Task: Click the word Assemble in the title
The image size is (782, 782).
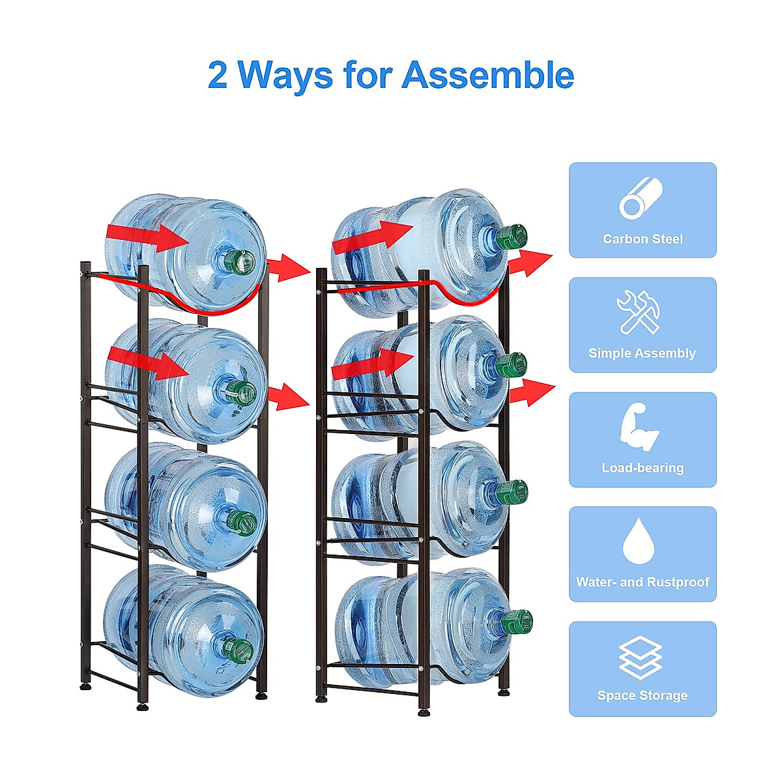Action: (487, 76)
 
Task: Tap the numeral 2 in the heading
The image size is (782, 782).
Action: (218, 76)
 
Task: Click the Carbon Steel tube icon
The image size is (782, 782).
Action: (641, 198)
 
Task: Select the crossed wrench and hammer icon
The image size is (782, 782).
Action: (639, 312)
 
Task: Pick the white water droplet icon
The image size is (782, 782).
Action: (639, 541)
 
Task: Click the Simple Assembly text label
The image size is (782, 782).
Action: (642, 353)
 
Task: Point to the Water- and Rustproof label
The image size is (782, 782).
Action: (643, 582)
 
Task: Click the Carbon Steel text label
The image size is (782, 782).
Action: (643, 239)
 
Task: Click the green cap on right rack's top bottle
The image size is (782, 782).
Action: (511, 237)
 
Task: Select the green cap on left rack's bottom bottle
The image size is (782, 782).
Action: (240, 649)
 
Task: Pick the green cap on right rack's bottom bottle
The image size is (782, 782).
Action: (517, 622)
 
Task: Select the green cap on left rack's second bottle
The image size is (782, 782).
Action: (242, 392)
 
